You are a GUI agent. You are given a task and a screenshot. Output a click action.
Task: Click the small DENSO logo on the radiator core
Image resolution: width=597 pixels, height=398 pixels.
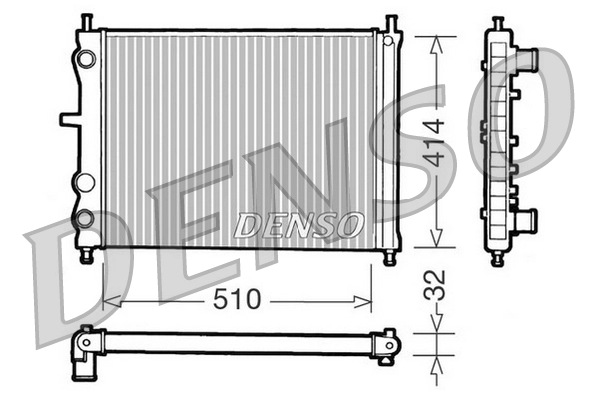(298, 225)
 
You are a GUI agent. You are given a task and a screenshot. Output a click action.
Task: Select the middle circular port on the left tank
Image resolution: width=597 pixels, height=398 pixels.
(85, 181)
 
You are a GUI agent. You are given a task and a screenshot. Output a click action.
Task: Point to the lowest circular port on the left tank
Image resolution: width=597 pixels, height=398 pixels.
(85, 218)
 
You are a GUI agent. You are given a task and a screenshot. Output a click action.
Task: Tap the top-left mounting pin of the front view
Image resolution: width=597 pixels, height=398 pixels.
(88, 22)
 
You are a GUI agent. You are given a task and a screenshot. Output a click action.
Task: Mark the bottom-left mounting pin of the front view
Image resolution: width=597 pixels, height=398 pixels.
(88, 256)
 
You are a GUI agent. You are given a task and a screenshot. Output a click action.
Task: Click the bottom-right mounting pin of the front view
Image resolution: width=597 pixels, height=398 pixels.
(389, 256)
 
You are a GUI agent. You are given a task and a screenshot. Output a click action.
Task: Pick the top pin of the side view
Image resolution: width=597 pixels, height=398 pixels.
(496, 22)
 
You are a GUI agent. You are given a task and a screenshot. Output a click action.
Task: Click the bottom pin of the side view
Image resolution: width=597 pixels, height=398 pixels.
(496, 258)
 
